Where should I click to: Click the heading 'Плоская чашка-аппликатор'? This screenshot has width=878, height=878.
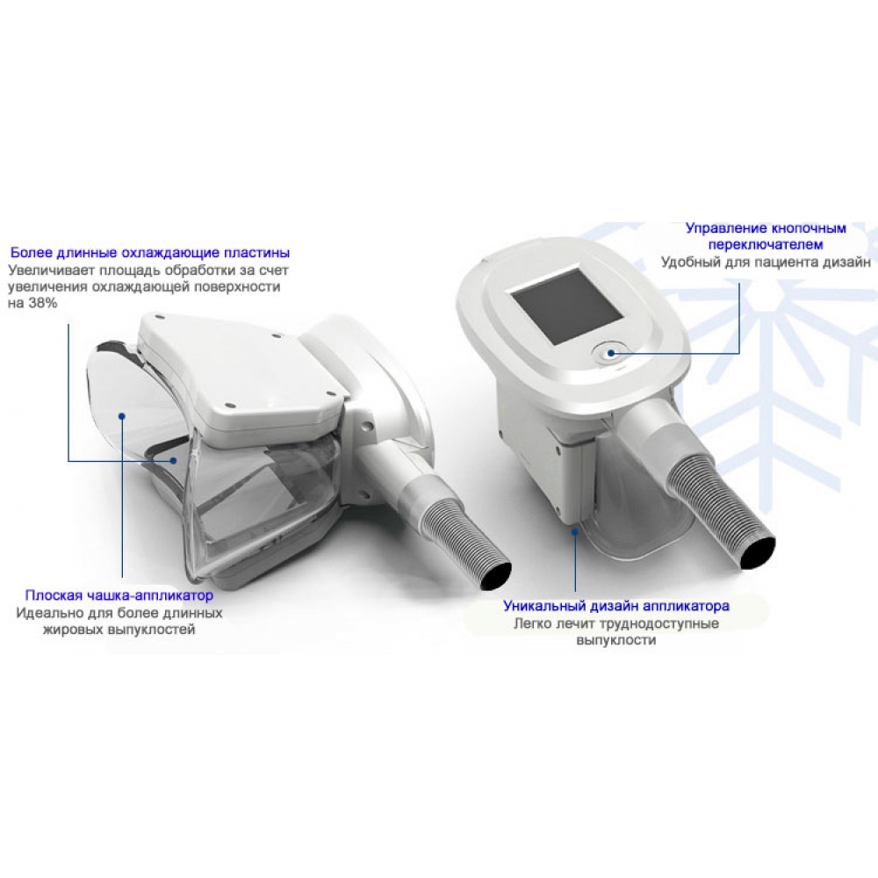[x=119, y=595]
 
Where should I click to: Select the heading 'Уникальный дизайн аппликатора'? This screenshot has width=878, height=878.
[x=616, y=606]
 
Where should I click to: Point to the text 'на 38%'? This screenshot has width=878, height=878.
[x=32, y=303]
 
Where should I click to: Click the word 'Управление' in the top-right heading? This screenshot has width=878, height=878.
[x=723, y=228]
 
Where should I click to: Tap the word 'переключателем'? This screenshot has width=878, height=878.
[x=766, y=245]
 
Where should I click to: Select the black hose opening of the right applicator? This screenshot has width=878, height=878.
[x=759, y=552]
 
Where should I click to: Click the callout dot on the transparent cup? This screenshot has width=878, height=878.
[x=122, y=415]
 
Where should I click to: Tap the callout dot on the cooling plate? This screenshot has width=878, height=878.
[x=174, y=461]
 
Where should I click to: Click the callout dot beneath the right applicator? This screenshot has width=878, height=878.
[x=575, y=532]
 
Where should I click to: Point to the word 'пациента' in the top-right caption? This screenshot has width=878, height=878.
[x=788, y=262]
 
